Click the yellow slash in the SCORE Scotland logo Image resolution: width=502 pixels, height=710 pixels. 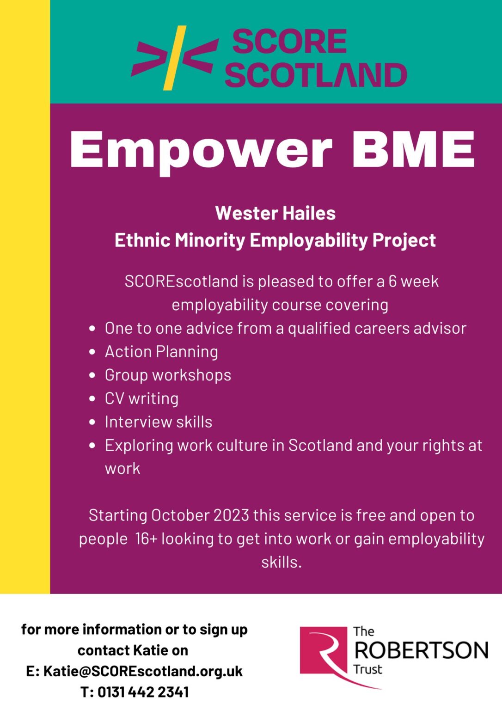coord(175,58)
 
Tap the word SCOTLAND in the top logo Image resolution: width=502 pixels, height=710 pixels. coord(316,75)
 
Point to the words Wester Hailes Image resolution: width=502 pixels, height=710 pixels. coord(275,213)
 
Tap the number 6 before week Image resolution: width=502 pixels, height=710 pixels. coord(392,281)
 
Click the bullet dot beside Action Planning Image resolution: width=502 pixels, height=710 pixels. coord(92,352)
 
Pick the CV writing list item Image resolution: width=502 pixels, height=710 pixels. coord(141,399)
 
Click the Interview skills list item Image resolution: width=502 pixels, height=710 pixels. coord(159,422)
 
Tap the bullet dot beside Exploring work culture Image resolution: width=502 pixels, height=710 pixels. coord(92,446)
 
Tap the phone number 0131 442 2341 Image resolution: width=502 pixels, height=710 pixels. coord(143,692)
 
